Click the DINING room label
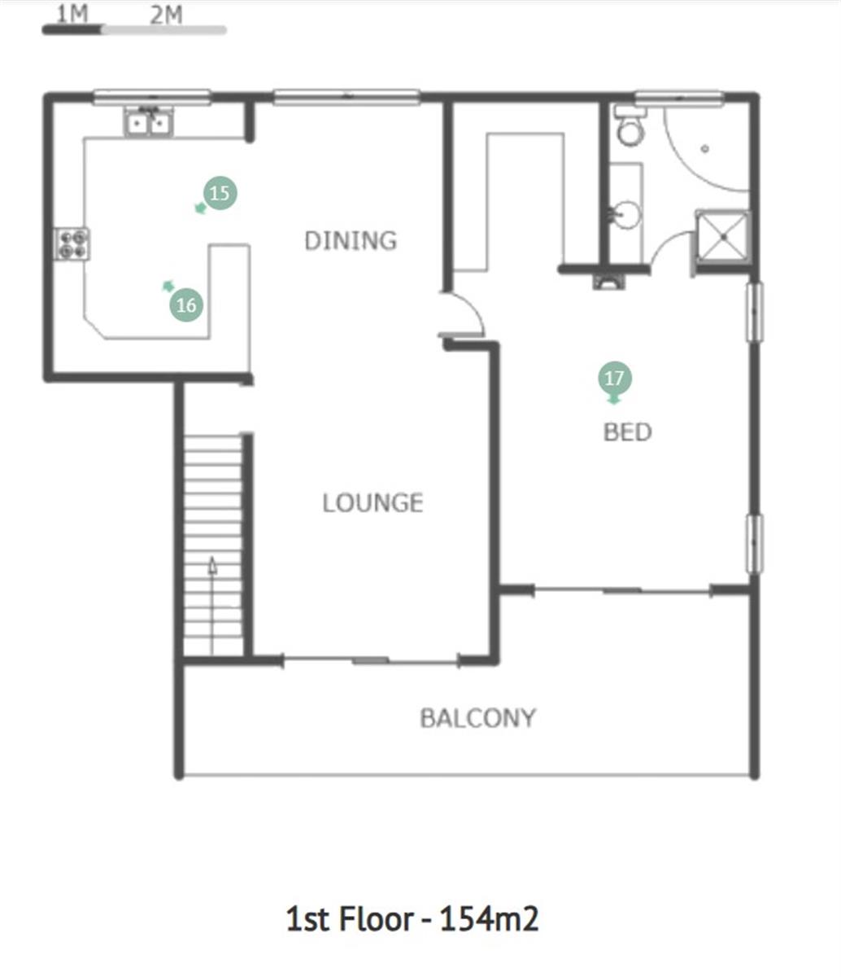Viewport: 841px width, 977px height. click(x=351, y=241)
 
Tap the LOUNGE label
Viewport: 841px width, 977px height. click(x=373, y=502)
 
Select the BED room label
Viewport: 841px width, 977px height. click(x=628, y=432)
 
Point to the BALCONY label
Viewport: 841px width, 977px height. click(x=478, y=718)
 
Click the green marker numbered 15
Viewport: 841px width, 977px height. click(x=220, y=193)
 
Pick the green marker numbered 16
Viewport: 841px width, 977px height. click(x=186, y=304)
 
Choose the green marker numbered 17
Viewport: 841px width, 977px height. click(x=614, y=378)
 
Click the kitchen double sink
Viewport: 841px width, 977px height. click(x=148, y=121)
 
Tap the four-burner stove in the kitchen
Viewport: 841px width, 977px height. click(x=72, y=244)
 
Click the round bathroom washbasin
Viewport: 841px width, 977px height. click(x=625, y=215)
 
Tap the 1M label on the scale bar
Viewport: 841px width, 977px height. click(x=72, y=14)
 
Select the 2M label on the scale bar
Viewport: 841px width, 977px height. click(x=166, y=15)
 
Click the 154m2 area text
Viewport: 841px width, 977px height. click(x=489, y=919)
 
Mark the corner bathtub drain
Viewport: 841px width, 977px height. click(x=705, y=149)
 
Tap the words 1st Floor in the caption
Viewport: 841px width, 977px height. click(x=350, y=919)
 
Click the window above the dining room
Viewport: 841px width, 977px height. click(x=347, y=96)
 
